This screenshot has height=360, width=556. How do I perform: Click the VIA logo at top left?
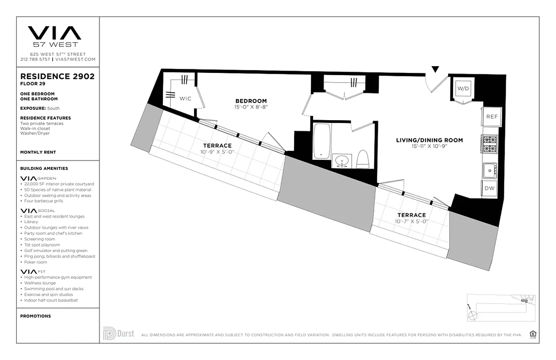click(x=54, y=33)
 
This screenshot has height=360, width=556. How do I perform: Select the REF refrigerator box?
click(x=492, y=117)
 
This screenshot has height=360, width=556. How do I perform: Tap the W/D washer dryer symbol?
click(x=463, y=89)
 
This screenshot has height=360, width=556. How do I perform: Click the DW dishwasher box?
click(x=489, y=188)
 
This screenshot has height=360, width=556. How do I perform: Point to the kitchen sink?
click(x=489, y=170)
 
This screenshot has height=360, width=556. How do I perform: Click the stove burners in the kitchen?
click(x=489, y=144)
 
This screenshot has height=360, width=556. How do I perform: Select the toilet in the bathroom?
click(x=363, y=158)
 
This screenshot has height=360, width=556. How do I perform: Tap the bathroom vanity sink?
click(x=343, y=160)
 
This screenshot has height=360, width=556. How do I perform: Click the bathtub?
click(x=321, y=141)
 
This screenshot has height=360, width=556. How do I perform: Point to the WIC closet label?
click(x=185, y=99)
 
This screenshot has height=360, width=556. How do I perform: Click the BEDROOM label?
click(x=251, y=101)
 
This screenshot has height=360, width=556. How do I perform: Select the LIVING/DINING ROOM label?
click(x=429, y=140)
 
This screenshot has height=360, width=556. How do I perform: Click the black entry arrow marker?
click(x=435, y=69)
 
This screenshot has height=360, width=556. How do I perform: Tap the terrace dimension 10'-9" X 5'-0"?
click(x=217, y=152)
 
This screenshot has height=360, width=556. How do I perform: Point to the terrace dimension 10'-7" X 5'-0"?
click(x=411, y=221)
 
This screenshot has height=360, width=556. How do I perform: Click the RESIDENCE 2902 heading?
click(x=57, y=76)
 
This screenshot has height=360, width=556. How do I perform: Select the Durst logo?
click(x=118, y=334)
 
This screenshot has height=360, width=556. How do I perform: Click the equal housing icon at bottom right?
click(x=533, y=334)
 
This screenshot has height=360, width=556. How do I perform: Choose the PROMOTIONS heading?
click(x=36, y=316)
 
